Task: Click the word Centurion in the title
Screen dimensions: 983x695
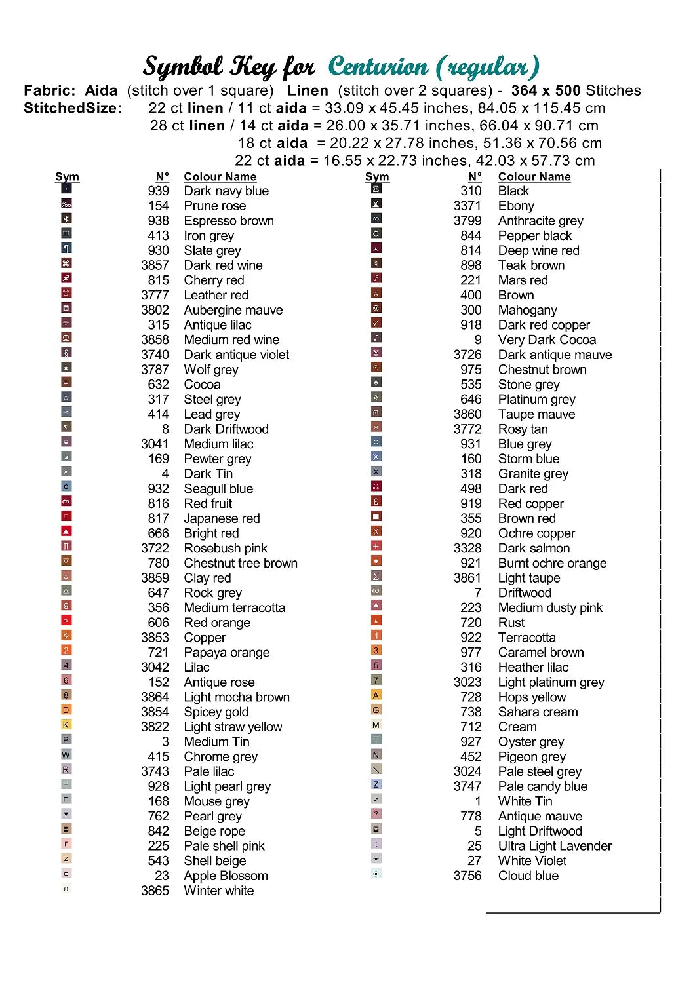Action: tap(378, 67)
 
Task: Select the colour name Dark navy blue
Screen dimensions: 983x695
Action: tap(226, 191)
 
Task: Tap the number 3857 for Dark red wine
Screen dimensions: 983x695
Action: tap(155, 265)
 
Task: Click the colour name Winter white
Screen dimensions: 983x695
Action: tap(218, 891)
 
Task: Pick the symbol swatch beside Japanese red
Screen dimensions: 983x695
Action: tap(66, 516)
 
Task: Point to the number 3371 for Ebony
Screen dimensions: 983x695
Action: tap(467, 206)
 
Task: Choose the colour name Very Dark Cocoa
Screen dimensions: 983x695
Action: tap(547, 340)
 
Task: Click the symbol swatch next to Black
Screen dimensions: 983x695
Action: tap(376, 189)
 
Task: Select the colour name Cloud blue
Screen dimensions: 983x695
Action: tap(528, 876)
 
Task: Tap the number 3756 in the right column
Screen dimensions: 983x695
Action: tap(467, 876)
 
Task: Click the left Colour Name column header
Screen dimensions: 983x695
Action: tap(220, 177)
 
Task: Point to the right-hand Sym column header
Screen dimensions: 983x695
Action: tap(377, 177)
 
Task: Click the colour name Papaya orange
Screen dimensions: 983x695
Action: tap(226, 653)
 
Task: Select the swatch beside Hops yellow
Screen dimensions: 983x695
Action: tap(376, 695)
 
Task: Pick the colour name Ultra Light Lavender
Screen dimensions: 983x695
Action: tap(555, 846)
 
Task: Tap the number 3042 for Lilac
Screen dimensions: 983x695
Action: tap(155, 667)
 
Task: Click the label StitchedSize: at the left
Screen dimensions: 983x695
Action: tap(73, 109)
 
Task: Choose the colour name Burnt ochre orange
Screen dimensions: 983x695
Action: tap(552, 564)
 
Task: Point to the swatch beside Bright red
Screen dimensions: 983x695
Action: tap(66, 531)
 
